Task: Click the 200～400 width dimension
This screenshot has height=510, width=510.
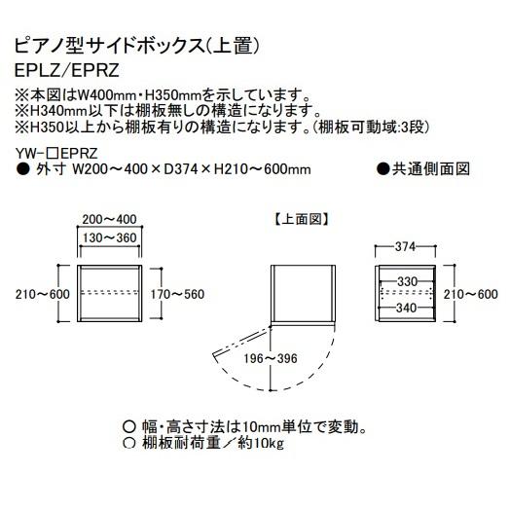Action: pyautogui.click(x=109, y=219)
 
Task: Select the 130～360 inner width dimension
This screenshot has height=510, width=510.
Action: pyautogui.click(x=109, y=237)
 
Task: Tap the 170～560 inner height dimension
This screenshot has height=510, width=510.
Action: pyautogui.click(x=177, y=294)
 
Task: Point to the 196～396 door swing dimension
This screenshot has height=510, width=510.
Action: pyautogui.click(x=271, y=358)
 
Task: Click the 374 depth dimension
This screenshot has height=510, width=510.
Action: pyautogui.click(x=405, y=247)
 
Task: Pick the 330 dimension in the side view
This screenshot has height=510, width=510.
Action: pyautogui.click(x=407, y=281)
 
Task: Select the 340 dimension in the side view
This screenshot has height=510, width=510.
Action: pyautogui.click(x=407, y=308)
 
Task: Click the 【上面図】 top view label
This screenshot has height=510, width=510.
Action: pyautogui.click(x=301, y=219)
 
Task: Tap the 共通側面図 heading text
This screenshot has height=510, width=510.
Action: pyautogui.click(x=430, y=169)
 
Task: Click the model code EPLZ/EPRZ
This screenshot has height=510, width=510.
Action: pyautogui.click(x=67, y=70)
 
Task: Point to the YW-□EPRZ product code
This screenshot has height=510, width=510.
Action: pyautogui.click(x=56, y=153)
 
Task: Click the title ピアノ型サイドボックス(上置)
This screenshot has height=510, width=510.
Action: pyautogui.click(x=136, y=46)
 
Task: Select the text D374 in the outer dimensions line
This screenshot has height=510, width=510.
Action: pyautogui.click(x=181, y=169)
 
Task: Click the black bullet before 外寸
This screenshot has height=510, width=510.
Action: pyautogui.click(x=22, y=169)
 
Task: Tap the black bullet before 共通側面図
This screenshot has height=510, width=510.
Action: pyautogui.click(x=383, y=169)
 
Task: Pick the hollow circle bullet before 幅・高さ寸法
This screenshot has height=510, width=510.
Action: pyautogui.click(x=129, y=426)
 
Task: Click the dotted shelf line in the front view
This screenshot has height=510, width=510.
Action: pyautogui.click(x=110, y=292)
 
